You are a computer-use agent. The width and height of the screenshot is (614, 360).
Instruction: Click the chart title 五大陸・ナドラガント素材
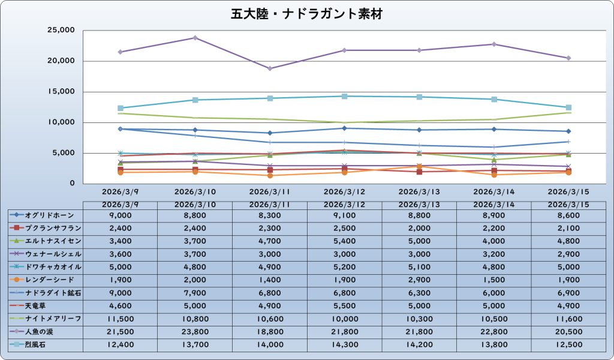(x=306, y=13)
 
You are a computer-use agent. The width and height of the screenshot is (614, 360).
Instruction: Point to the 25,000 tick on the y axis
(x=59, y=30)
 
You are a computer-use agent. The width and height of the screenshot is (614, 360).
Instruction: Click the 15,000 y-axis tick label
(x=59, y=92)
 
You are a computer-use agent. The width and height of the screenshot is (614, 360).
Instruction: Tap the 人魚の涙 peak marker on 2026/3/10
(x=195, y=38)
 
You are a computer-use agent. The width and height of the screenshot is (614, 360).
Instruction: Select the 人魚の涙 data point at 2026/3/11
(x=270, y=68)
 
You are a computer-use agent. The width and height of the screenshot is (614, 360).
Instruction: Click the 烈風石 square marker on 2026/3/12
(x=344, y=96)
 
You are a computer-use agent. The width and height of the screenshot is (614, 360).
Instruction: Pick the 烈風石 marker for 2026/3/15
(x=568, y=107)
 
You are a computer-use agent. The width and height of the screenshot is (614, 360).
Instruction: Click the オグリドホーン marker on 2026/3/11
(x=270, y=133)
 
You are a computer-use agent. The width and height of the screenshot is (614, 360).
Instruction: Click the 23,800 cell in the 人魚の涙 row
(x=195, y=331)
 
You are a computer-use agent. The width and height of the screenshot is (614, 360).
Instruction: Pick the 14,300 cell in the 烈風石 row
(x=344, y=344)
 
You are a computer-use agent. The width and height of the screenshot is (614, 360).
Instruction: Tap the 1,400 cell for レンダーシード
(x=270, y=280)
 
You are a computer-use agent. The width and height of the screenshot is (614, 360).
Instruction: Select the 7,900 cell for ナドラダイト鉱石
(x=195, y=292)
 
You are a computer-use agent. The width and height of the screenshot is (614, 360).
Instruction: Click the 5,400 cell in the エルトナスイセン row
(x=344, y=241)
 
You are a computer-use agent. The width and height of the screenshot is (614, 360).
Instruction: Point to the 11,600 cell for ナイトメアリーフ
(x=568, y=318)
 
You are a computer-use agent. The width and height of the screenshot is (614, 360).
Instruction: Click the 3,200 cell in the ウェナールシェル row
(x=493, y=254)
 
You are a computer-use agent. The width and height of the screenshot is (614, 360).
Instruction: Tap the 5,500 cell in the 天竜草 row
(x=344, y=305)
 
